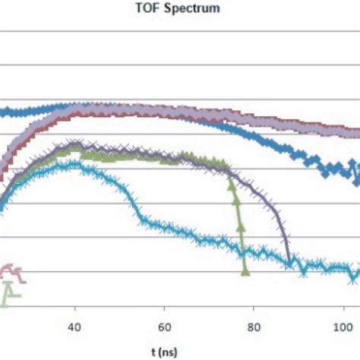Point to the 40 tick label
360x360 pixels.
pyautogui.click(x=74, y=328)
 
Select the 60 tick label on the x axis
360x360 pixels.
pyautogui.click(x=164, y=328)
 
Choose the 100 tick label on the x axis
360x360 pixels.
pyautogui.click(x=342, y=328)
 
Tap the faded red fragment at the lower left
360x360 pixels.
pyautogui.click(x=11, y=270)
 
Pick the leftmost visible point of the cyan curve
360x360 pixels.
pyautogui.click(x=2, y=204)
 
